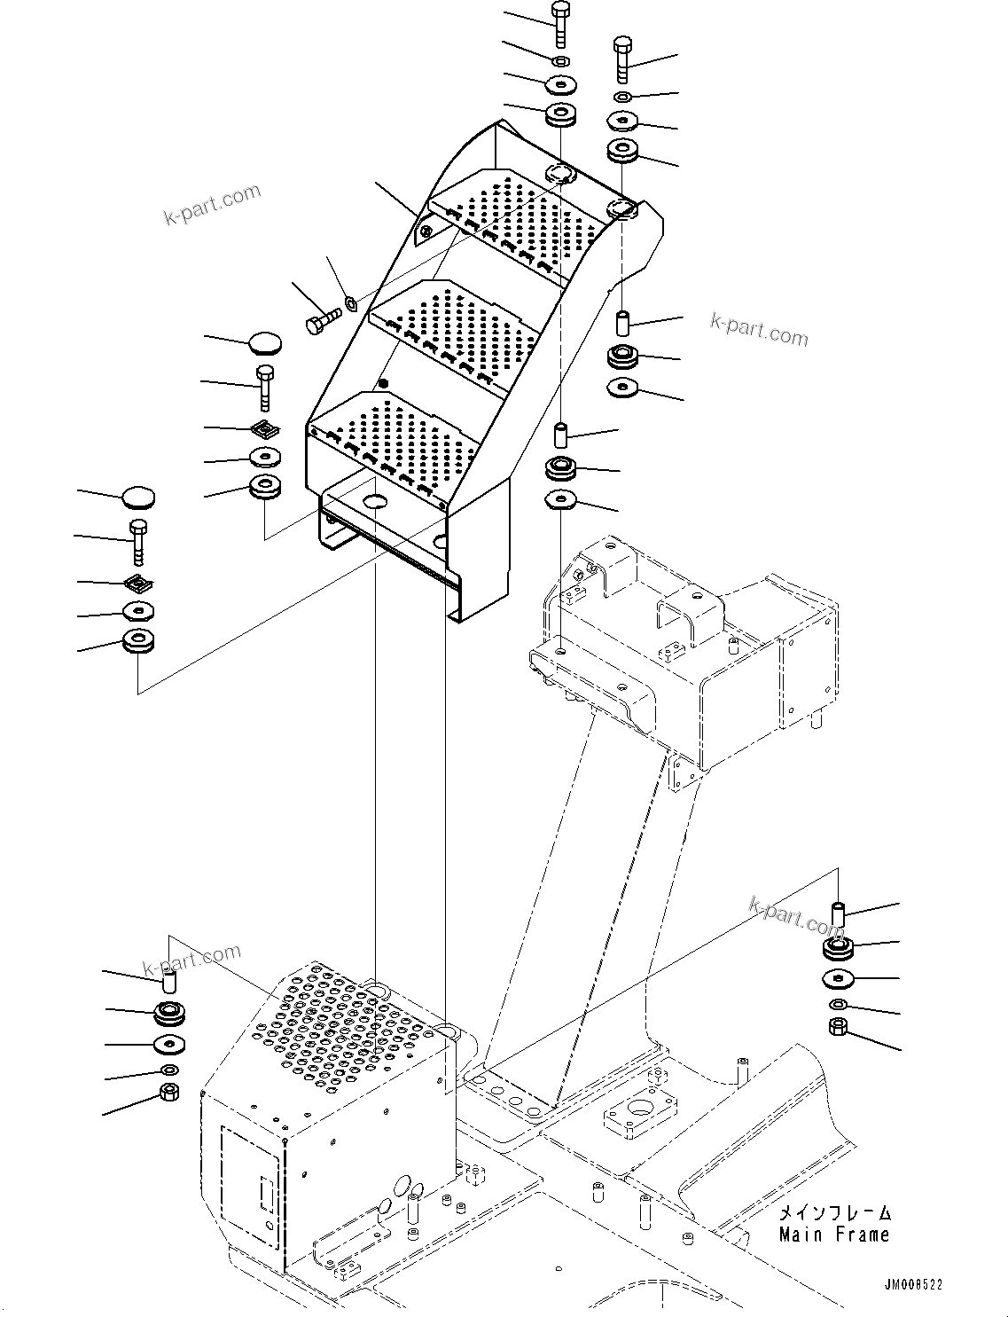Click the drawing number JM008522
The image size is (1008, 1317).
click(x=912, y=1285)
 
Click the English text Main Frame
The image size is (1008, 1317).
click(x=833, y=1234)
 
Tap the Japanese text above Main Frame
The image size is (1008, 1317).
click(x=834, y=1212)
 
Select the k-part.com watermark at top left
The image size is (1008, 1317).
click(x=213, y=204)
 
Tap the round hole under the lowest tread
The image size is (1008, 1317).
click(x=376, y=502)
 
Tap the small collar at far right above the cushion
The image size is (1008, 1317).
click(x=838, y=912)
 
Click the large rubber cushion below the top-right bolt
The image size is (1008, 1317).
click(x=624, y=151)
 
